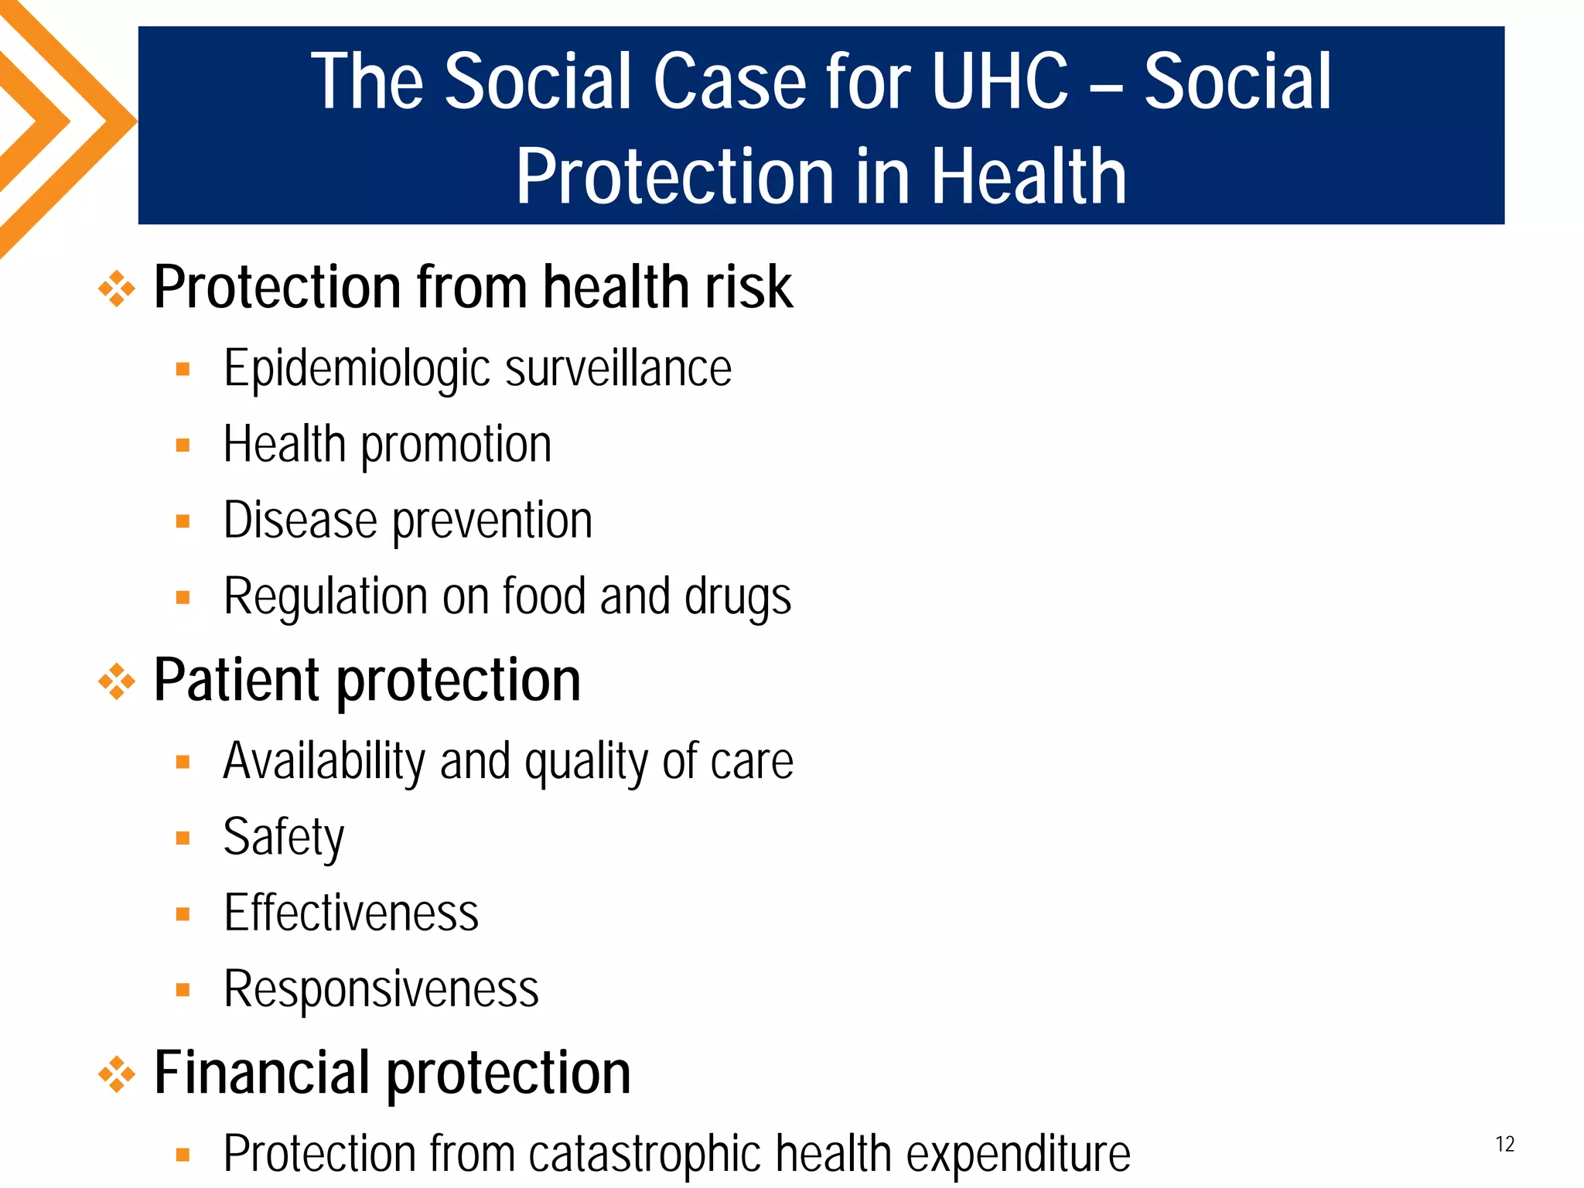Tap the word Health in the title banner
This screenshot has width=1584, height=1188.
coord(1028,177)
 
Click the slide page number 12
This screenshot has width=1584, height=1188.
coord(1504,1144)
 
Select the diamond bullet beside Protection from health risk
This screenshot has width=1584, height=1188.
coord(117,288)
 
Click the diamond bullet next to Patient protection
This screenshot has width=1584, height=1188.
coord(117,681)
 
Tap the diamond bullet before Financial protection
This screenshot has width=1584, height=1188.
coord(117,1074)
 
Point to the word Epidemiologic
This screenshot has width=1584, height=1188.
coord(357,369)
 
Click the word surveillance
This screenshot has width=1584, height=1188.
coord(618,369)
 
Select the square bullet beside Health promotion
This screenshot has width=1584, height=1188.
coord(183,445)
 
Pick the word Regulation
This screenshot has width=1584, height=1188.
coord(325,597)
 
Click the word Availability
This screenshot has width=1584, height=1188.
coord(324,762)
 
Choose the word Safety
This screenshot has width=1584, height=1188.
coord(283,838)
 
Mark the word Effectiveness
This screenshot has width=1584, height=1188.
coord(351,913)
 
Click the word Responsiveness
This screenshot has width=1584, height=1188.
coord(381,989)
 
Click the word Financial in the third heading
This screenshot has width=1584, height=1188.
coord(261,1074)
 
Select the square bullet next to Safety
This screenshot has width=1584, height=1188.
coord(183,838)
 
